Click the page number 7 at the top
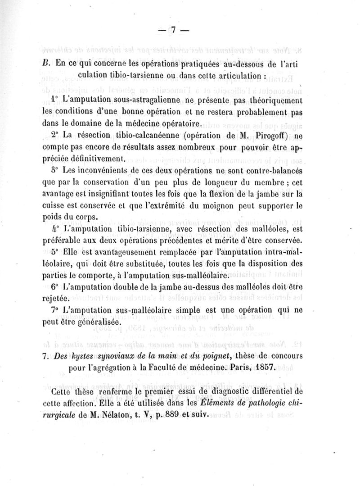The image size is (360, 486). (173, 30)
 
